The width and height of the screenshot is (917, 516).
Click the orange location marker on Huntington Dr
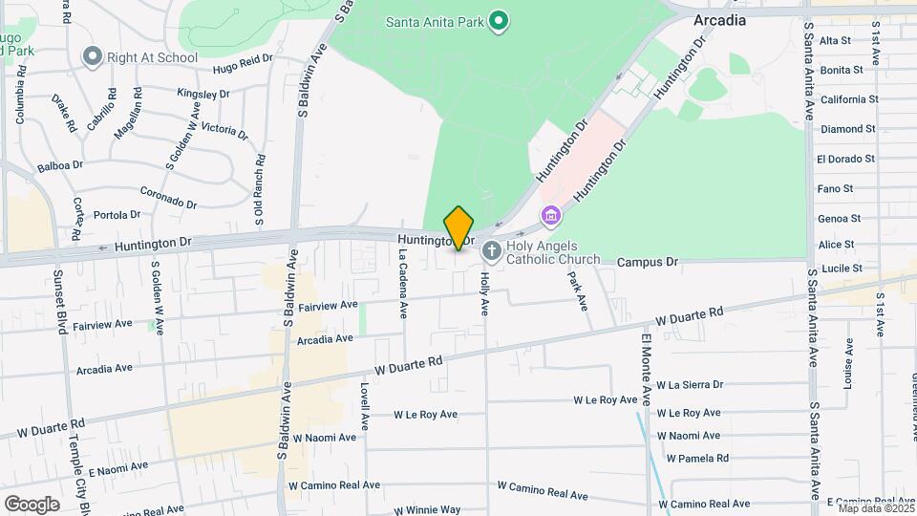pos(459,228)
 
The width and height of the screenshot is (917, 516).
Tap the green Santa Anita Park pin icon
pos(498,20)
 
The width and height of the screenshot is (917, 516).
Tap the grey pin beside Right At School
pos(93,56)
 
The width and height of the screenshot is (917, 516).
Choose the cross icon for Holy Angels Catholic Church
pos(492,252)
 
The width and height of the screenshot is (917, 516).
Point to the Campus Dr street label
pos(647,261)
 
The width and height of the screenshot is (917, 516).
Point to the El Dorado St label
pos(846,159)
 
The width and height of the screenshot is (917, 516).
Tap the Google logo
pos(32,505)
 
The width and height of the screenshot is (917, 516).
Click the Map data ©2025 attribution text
pos(875,508)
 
